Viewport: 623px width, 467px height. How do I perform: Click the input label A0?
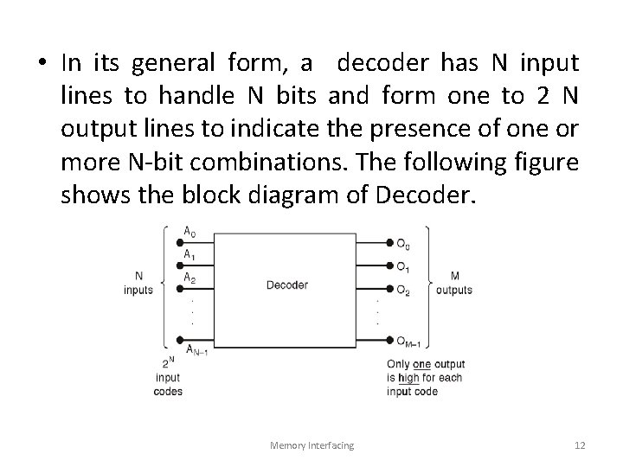(189, 232)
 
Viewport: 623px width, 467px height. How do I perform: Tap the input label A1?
(189, 254)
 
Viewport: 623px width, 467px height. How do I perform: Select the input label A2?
(189, 277)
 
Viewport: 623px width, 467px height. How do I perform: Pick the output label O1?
(403, 265)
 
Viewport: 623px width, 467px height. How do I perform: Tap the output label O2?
(403, 290)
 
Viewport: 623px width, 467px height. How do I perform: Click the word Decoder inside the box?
(286, 285)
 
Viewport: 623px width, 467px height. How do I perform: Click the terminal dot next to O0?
(389, 242)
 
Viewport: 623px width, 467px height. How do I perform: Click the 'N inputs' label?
(138, 283)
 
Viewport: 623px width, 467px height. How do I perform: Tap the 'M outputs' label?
(454, 283)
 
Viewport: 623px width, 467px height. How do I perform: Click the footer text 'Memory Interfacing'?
(311, 445)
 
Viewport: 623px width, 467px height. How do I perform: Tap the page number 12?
(580, 445)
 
